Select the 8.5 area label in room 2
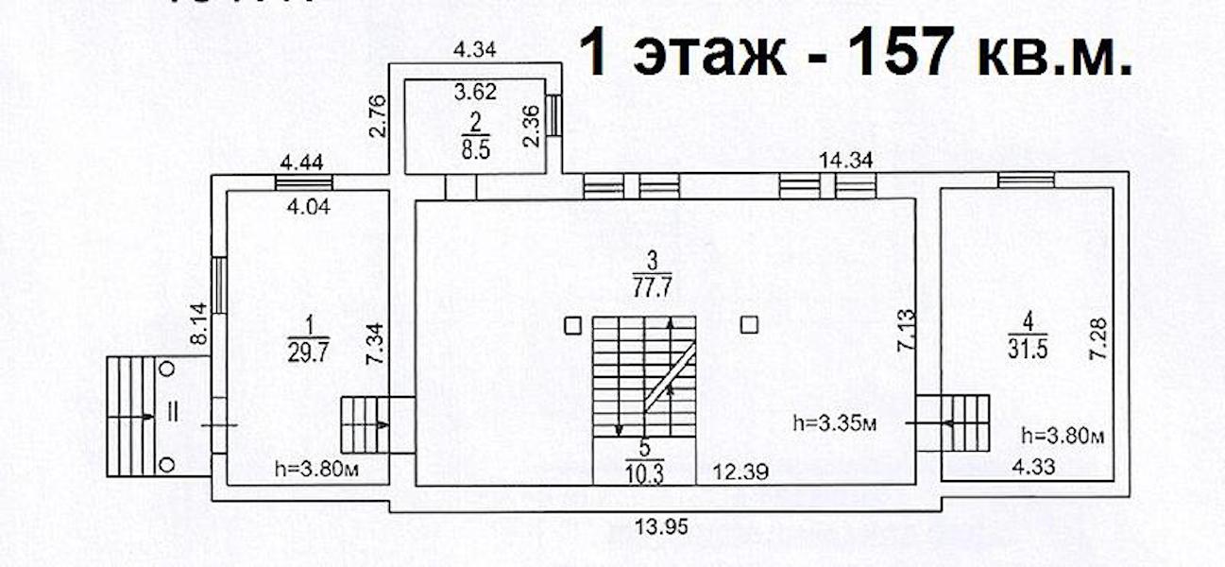coord(476,149)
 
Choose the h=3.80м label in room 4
coord(1063,436)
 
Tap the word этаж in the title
coord(709,54)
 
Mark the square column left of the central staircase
coord(572,327)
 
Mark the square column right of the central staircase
coord(749,326)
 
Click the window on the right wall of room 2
coord(554,115)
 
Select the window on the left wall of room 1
coord(218,285)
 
